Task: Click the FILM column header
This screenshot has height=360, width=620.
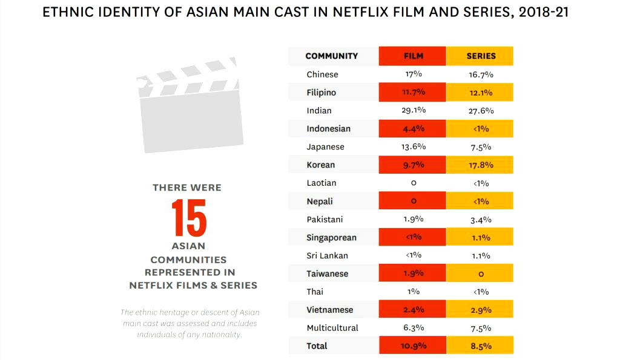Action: (x=413, y=56)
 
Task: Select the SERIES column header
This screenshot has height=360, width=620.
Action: (x=481, y=56)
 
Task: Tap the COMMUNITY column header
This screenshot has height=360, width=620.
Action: (x=331, y=56)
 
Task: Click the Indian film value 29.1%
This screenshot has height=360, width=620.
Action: (x=414, y=111)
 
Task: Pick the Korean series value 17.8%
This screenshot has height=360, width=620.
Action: (x=481, y=165)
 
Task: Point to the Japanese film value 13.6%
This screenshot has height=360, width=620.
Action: (x=414, y=147)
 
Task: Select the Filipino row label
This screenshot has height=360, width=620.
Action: (x=321, y=93)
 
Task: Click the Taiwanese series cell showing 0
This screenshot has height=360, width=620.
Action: (x=481, y=274)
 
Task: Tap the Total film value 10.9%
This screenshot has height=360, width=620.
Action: (x=414, y=347)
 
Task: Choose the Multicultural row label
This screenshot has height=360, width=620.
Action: (x=332, y=328)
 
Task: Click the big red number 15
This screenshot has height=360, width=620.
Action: (x=188, y=217)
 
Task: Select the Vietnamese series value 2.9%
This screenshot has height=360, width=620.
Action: (x=481, y=310)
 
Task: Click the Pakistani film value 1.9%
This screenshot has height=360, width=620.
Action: (x=414, y=220)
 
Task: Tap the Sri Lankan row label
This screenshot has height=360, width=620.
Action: (x=327, y=255)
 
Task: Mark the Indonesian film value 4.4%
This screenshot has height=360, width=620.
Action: (x=414, y=129)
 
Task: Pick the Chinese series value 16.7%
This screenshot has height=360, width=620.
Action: (x=481, y=74)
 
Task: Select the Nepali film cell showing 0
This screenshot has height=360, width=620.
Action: (x=414, y=201)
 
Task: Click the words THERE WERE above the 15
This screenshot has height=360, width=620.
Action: (x=187, y=188)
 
